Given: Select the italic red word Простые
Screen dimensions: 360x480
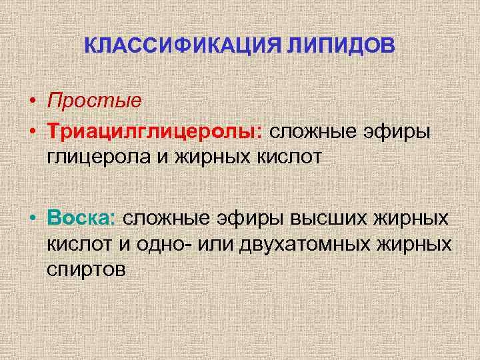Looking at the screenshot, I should click(x=94, y=101).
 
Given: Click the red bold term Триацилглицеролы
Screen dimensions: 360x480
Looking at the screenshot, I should click(x=154, y=131).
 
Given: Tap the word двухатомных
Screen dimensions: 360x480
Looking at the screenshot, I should click(x=315, y=243).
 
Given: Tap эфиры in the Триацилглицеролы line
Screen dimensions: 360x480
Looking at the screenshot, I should click(x=399, y=131).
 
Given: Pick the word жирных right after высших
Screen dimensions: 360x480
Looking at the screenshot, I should click(x=409, y=217).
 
